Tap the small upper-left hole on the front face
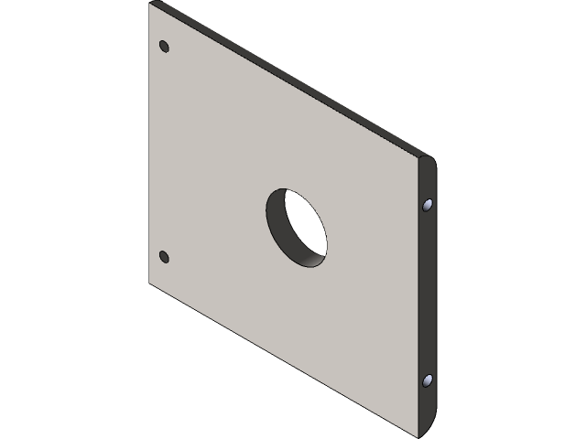pos(164,46)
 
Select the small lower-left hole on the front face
pos(164,256)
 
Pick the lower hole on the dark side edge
pos(428,379)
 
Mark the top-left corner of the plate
pos(151,4)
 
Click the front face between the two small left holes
pos(165,151)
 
